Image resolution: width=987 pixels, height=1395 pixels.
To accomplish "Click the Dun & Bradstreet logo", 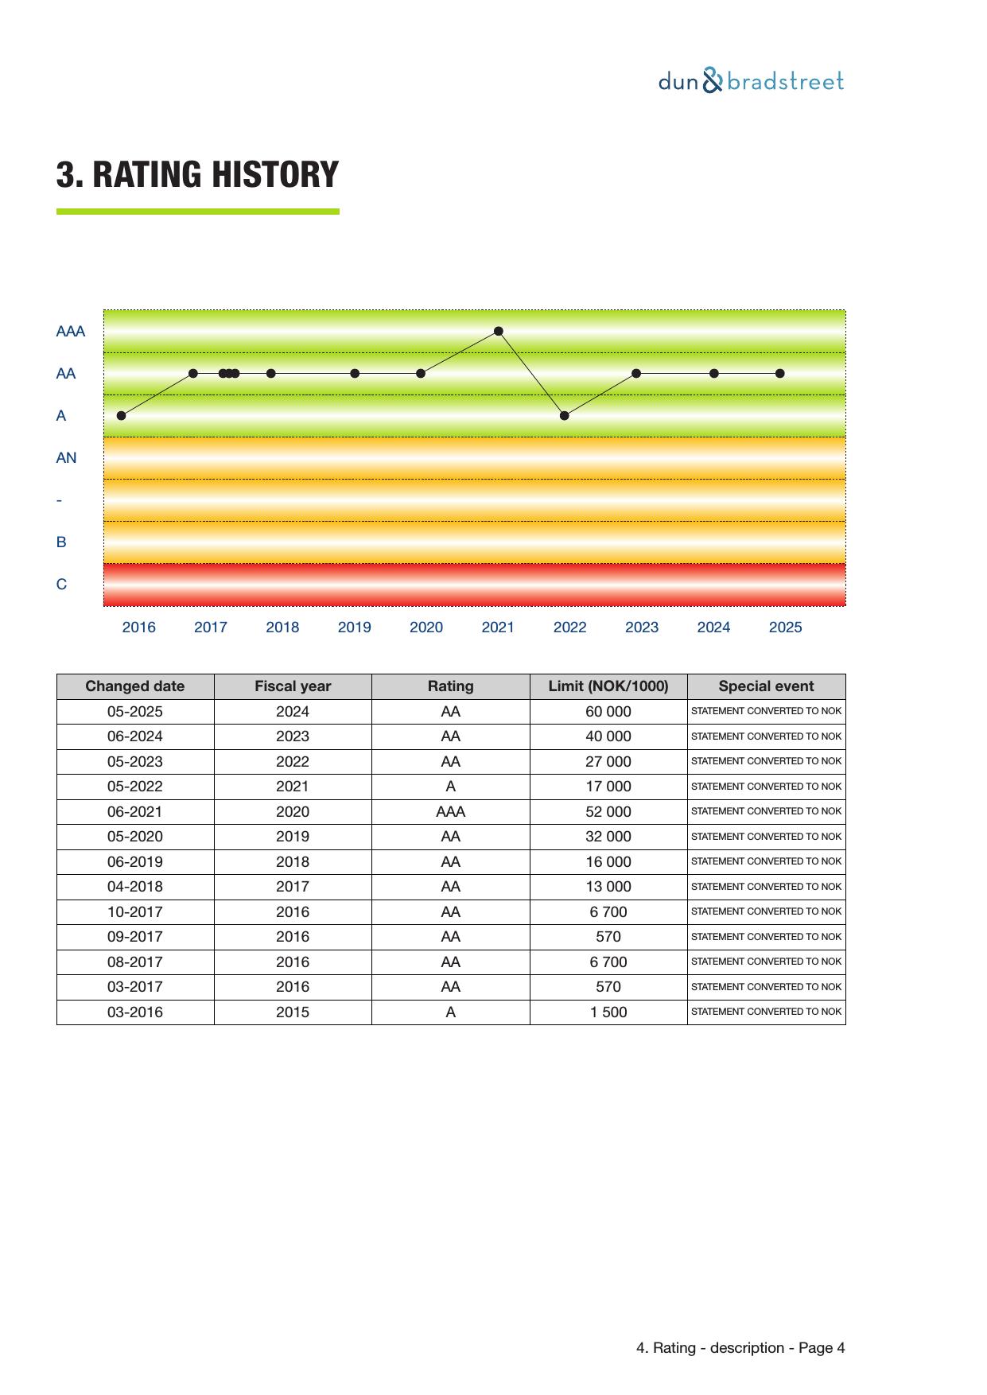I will [x=750, y=81].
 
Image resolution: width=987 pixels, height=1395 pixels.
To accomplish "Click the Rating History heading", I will [x=197, y=174].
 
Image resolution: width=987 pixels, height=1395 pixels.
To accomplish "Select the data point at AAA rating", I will [x=499, y=331].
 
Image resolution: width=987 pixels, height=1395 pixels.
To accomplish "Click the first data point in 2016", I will [x=121, y=415].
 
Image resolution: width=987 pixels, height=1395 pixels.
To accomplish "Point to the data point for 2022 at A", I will [x=565, y=415].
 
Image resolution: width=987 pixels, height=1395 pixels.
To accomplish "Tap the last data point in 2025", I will [x=780, y=373].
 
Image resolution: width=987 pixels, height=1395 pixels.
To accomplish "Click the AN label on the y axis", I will [x=66, y=457].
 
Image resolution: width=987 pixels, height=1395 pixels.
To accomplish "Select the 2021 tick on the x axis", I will [x=498, y=627].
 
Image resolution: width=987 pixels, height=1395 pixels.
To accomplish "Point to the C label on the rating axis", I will [x=61, y=584].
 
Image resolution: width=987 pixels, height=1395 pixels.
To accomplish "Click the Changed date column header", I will [x=134, y=686].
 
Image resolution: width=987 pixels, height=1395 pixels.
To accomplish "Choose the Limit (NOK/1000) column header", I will [x=608, y=686].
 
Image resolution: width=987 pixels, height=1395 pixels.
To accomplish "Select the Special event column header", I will [x=766, y=686].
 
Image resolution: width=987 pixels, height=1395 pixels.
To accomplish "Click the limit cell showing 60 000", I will [x=608, y=711].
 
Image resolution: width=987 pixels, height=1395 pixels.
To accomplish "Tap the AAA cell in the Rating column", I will [x=450, y=811].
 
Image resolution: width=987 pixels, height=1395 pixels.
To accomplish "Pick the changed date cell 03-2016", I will [x=134, y=1012].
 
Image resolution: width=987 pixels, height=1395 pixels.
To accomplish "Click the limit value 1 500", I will [x=608, y=1012].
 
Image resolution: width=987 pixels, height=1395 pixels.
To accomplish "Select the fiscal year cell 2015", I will [x=292, y=1012].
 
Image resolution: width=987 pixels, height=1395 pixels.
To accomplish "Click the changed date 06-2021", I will [x=134, y=811].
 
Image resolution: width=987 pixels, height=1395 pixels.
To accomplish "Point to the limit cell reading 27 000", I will [x=608, y=761].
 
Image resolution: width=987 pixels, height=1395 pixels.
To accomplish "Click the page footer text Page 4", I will [x=822, y=1347].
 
